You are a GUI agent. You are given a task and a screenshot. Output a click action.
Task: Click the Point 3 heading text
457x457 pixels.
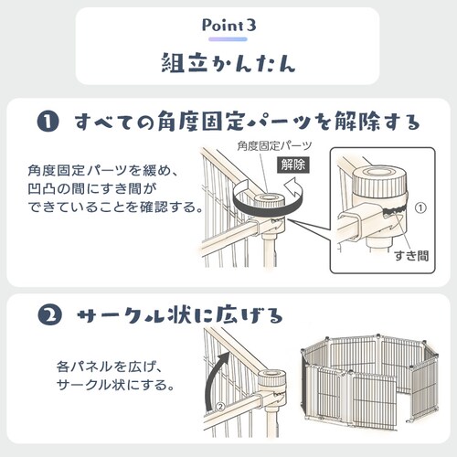pyautogui.click(x=229, y=26)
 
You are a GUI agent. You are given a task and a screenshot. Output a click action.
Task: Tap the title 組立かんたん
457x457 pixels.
pyautogui.click(x=228, y=63)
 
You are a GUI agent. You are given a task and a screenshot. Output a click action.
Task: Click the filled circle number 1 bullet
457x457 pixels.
pyautogui.click(x=48, y=122)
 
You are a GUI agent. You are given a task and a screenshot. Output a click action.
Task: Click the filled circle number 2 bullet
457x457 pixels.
pyautogui.click(x=49, y=315)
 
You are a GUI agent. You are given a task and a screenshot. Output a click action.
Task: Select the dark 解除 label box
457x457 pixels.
pyautogui.click(x=293, y=165)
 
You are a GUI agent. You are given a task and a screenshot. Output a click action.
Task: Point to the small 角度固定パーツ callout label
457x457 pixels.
pyautogui.click(x=274, y=146)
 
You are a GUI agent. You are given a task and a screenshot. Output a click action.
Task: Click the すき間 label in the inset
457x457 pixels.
pyautogui.click(x=411, y=256)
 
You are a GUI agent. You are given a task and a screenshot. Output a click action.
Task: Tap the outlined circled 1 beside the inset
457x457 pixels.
pyautogui.click(x=420, y=207)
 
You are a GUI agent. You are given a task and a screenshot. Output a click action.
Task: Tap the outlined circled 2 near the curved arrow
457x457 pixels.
pyautogui.click(x=220, y=407)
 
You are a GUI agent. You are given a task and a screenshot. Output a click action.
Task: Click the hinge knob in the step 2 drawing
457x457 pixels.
pyautogui.click(x=271, y=379)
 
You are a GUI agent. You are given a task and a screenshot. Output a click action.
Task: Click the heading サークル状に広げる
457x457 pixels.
pyautogui.click(x=180, y=315)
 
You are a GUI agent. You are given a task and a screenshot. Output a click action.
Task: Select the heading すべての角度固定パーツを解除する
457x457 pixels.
pyautogui.click(x=248, y=122)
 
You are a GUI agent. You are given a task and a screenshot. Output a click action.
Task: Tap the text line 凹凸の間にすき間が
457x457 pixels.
pyautogui.click(x=92, y=189)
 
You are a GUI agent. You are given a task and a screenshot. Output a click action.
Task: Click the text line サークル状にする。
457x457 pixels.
pyautogui.click(x=116, y=385)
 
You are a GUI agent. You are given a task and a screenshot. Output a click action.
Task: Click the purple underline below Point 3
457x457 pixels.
pyautogui.click(x=228, y=39)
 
